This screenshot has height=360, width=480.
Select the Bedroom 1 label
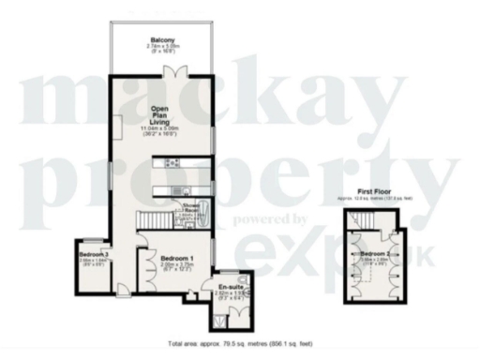(176, 258)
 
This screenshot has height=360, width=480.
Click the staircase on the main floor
(156, 220)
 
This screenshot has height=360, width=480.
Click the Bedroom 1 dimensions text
(176, 267)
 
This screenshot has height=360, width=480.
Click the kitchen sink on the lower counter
(174, 192)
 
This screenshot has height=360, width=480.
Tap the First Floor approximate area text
(376, 199)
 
